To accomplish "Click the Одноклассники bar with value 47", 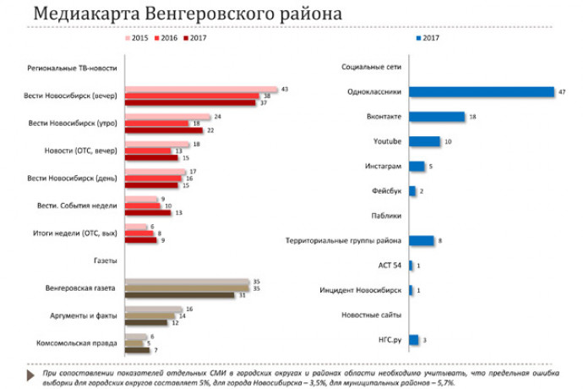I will [x=481, y=92].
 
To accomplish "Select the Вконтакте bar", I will [x=437, y=117].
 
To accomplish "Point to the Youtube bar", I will [x=425, y=141].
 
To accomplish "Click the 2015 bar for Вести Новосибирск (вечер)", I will [x=201, y=89].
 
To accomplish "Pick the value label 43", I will [x=285, y=89].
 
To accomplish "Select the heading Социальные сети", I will [x=371, y=66].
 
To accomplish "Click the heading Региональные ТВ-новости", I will [x=78, y=67].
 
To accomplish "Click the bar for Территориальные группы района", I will [x=422, y=241].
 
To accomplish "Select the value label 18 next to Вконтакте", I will [x=472, y=117].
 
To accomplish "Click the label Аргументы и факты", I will [x=84, y=316].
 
